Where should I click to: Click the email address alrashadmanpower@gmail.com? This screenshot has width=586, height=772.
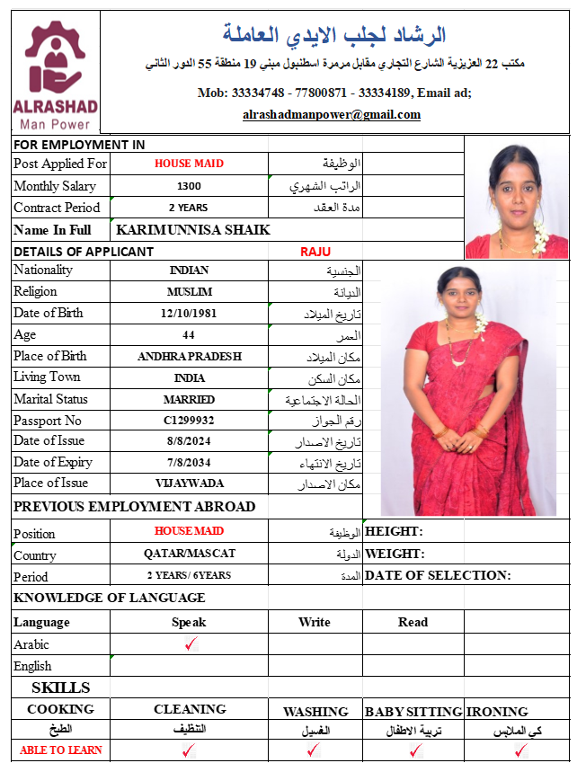[x=332, y=115]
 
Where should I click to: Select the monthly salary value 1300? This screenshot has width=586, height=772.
[x=189, y=186]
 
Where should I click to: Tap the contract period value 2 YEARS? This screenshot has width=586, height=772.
[x=189, y=208]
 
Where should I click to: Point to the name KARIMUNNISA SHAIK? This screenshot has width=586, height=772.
[x=193, y=230]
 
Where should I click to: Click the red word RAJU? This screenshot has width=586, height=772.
[x=315, y=252]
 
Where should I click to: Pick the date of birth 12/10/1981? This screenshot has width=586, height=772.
[x=189, y=314]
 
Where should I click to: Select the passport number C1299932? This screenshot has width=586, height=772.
[x=189, y=421]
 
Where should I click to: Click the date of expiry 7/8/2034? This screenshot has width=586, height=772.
[x=189, y=463]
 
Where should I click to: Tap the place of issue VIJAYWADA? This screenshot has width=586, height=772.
[x=189, y=484]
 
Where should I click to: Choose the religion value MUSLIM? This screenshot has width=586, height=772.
[x=189, y=292]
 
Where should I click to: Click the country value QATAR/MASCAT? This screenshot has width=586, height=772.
[x=189, y=554]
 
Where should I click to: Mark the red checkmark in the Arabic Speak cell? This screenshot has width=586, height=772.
[x=190, y=644]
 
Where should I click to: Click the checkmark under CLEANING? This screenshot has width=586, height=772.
[x=189, y=750]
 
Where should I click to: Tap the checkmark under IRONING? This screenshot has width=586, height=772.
[x=519, y=750]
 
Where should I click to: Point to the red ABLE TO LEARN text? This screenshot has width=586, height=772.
[x=61, y=750]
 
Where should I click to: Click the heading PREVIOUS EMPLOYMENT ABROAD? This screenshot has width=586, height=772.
[x=135, y=507]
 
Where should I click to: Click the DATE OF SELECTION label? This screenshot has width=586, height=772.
[x=438, y=575]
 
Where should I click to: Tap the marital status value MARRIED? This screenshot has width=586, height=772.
[x=189, y=399]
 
